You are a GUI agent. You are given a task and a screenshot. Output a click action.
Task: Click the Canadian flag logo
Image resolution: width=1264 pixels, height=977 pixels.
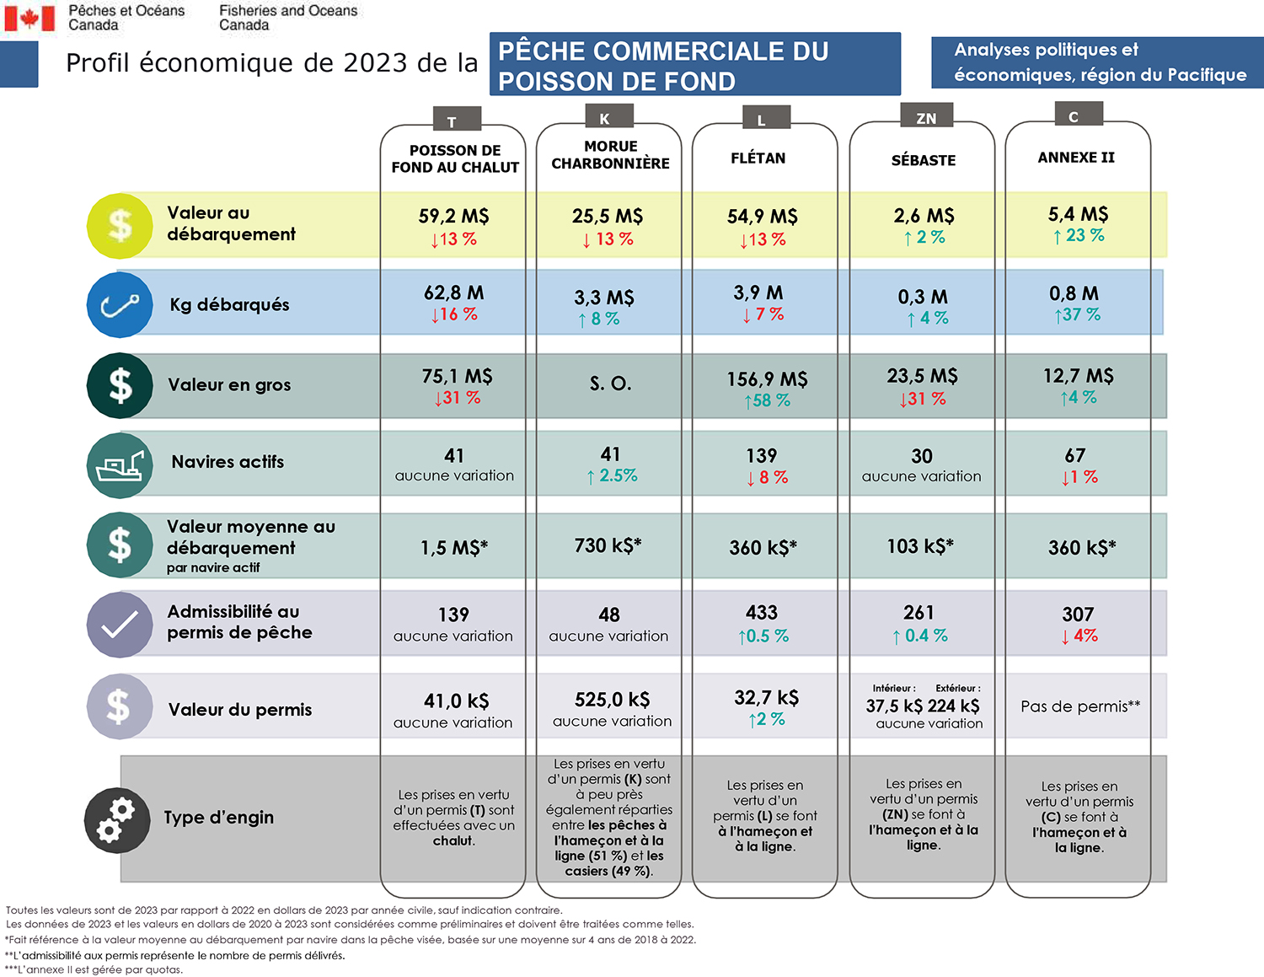click(x=29, y=18)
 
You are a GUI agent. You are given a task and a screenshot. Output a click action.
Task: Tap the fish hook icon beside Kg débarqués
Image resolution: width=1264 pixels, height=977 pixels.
click(x=120, y=304)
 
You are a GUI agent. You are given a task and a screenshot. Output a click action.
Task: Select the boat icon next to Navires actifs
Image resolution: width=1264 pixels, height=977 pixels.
click(x=120, y=465)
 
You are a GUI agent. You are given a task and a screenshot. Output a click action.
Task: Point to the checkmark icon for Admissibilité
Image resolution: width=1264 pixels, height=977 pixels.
click(x=120, y=625)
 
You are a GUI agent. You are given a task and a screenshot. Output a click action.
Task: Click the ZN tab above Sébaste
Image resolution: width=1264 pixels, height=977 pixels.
click(x=925, y=118)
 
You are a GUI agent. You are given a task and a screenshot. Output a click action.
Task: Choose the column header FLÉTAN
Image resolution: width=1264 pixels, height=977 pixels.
click(x=758, y=158)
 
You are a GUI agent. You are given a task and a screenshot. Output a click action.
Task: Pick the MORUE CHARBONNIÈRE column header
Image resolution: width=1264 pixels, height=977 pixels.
click(x=610, y=155)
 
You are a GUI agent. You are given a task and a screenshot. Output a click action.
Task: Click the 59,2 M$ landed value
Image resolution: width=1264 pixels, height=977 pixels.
click(x=453, y=217)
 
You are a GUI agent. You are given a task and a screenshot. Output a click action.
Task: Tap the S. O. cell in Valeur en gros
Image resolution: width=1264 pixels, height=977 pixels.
click(x=610, y=384)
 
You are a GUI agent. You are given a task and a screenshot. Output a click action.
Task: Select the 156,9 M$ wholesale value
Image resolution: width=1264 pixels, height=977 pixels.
click(x=767, y=379)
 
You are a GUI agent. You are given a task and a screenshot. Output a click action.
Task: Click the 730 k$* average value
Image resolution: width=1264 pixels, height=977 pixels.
click(x=608, y=545)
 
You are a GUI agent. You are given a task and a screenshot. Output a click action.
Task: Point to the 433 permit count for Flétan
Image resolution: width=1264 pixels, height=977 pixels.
click(x=761, y=613)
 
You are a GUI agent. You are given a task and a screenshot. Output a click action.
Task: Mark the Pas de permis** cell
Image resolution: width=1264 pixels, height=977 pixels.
click(x=1079, y=706)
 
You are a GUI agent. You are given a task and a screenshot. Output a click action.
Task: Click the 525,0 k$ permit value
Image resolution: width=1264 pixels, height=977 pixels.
click(x=612, y=700)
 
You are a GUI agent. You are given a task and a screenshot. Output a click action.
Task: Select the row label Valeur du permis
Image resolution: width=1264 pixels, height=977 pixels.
click(x=239, y=710)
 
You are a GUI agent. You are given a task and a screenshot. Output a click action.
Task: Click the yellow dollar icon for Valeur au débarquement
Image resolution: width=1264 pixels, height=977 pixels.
click(x=120, y=225)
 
